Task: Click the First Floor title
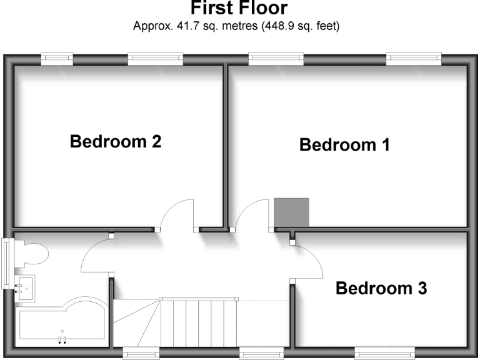239,9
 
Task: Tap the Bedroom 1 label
344,145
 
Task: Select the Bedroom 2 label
116,141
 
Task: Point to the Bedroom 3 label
381,289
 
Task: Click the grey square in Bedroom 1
291,212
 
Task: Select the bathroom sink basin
24,286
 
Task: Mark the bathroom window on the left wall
7,263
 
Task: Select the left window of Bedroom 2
57,59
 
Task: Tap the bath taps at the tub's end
62,339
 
